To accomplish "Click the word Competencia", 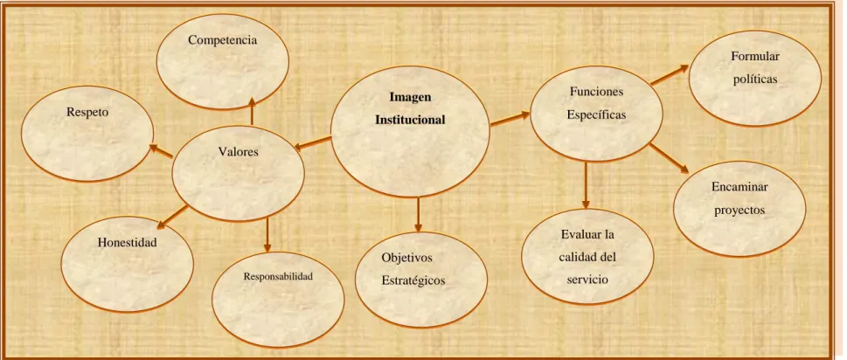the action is coord(223,40).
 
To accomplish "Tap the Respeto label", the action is coord(87,113).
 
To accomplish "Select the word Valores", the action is coord(239,152).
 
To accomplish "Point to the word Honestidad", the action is coord(128,243).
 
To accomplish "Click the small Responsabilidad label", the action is coord(278,276).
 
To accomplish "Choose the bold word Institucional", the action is coord(411,120).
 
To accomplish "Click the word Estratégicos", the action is coord(413,280).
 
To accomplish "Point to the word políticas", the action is coord(756,80).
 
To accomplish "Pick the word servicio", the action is coord(587,280).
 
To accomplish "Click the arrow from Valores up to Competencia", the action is coord(252,111).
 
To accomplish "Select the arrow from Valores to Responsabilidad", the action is coord(267,235).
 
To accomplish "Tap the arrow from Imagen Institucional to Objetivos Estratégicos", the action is coord(417,214).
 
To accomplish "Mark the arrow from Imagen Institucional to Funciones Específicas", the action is coord(510,120).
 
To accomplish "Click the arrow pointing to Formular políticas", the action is coord(670,74).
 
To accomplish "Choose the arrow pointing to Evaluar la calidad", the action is coord(587,185).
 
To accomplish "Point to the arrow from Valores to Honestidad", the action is coord(175,214).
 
